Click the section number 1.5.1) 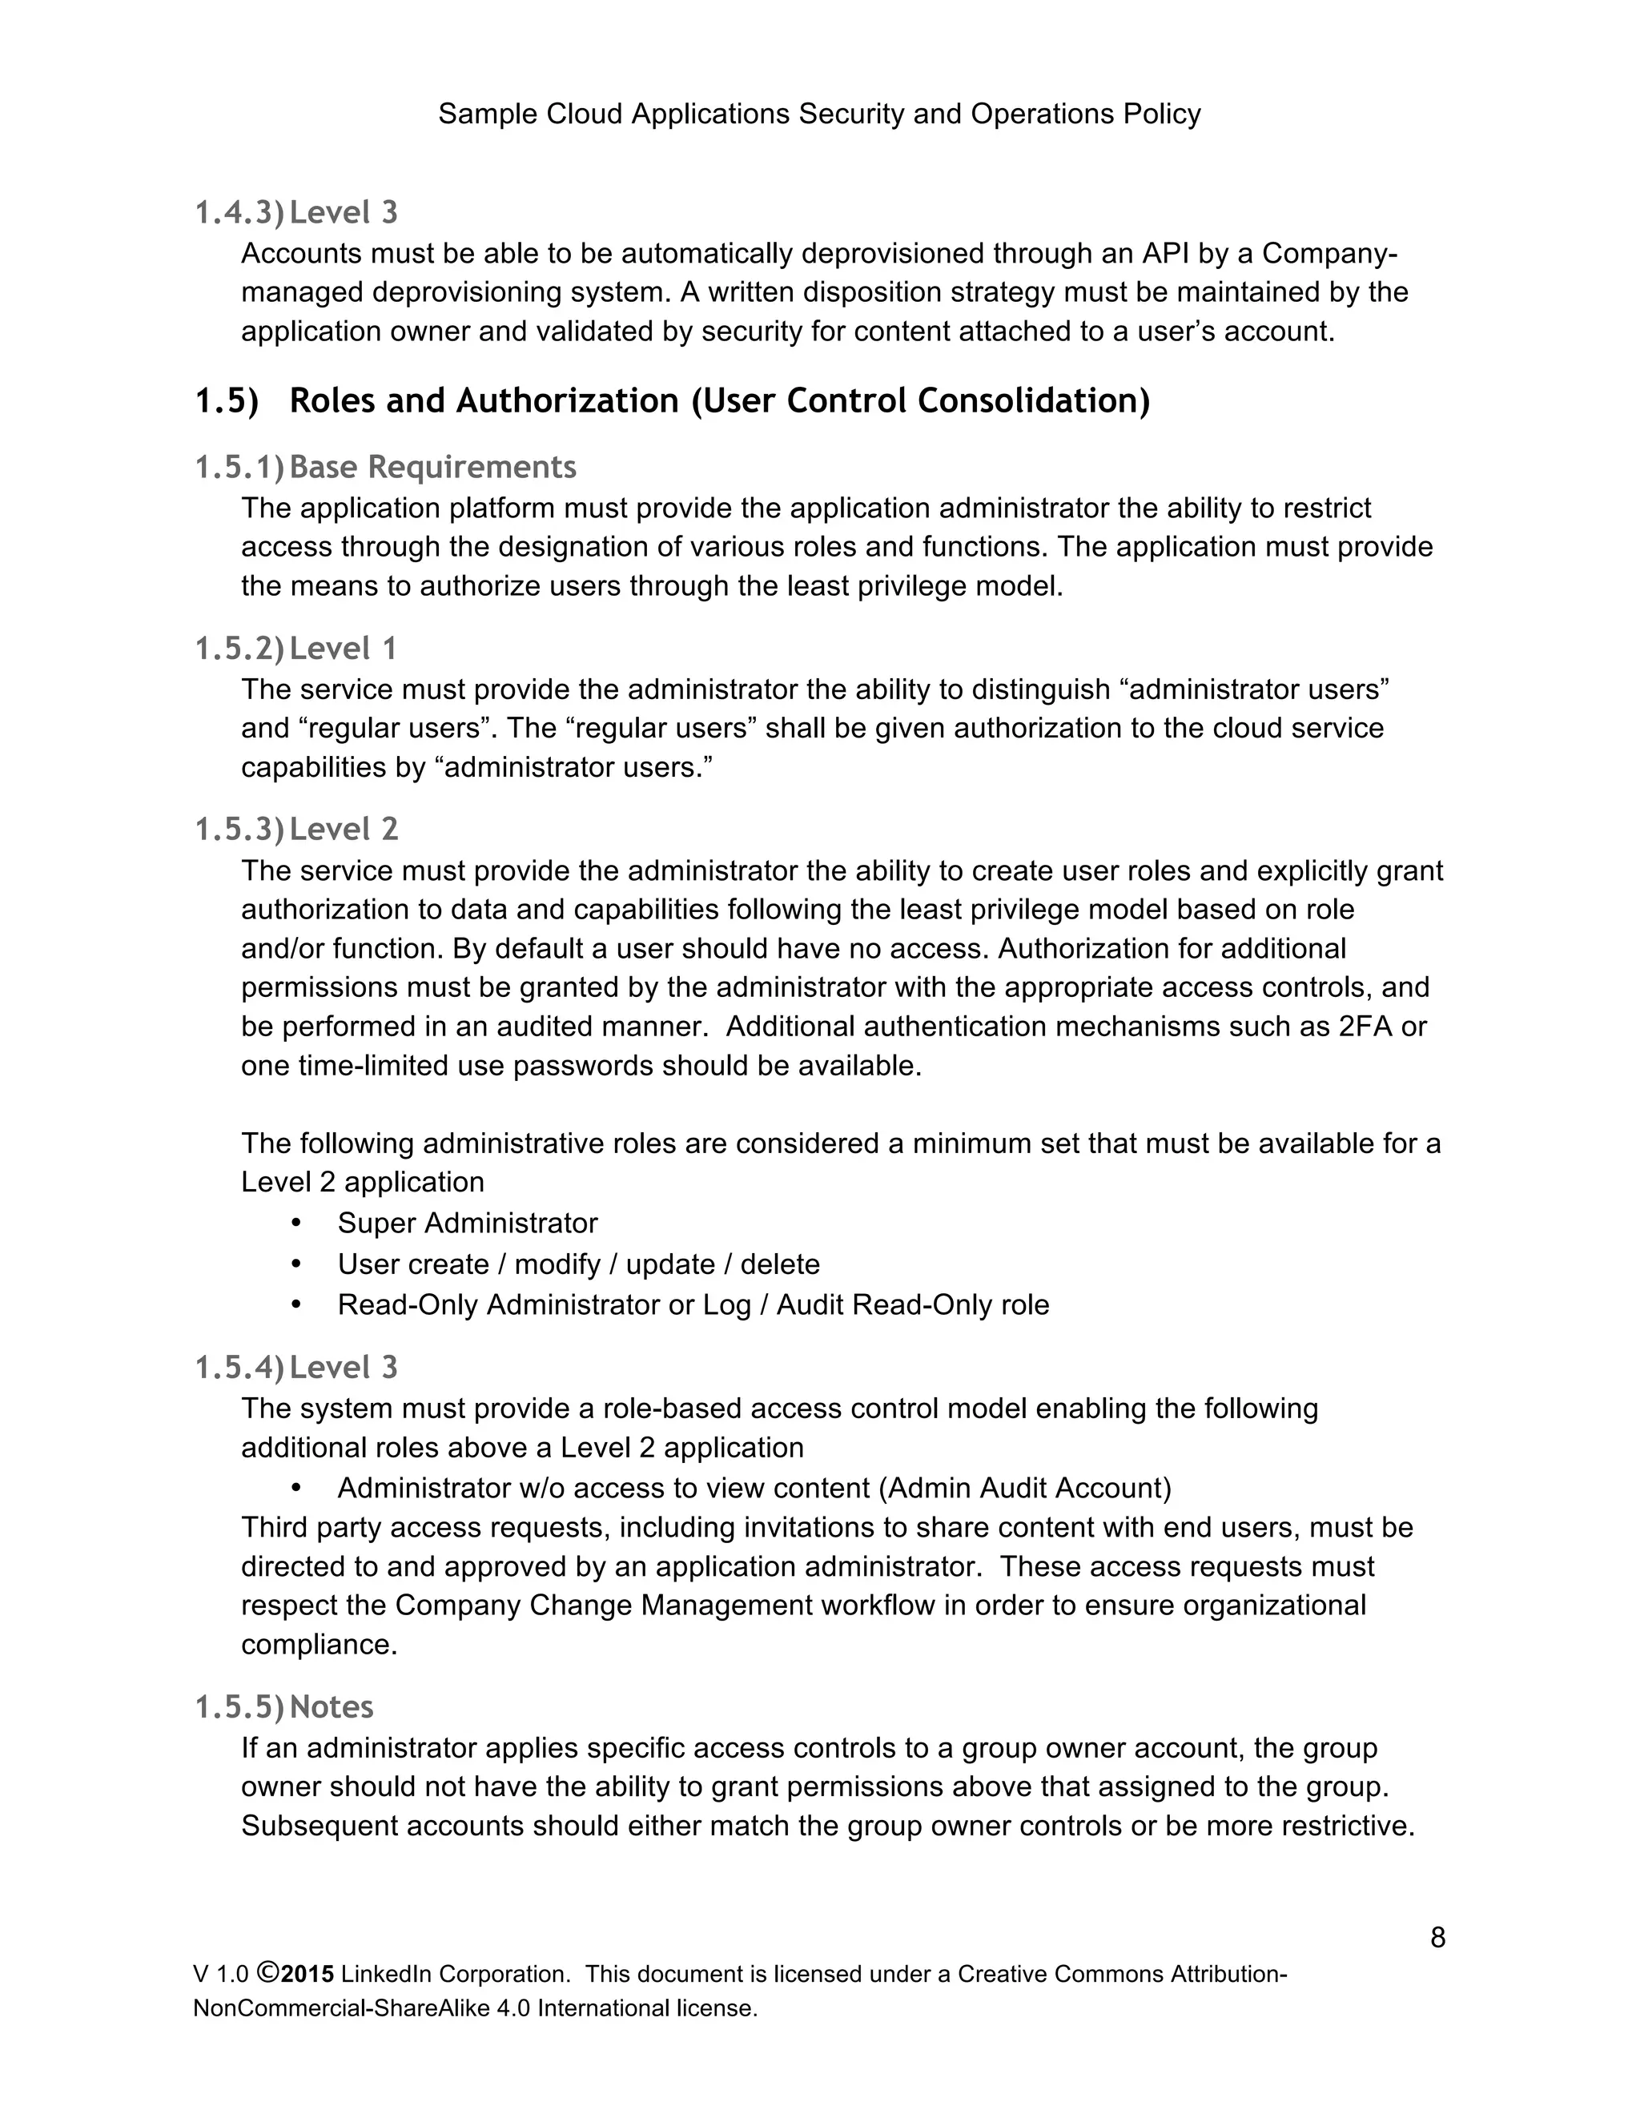(239, 468)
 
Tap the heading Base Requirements (432, 468)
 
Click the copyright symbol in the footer (268, 1973)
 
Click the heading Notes (332, 1707)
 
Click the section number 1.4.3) (239, 213)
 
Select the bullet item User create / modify (578, 1264)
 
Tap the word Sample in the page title (488, 115)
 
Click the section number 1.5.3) (239, 830)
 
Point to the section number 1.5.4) (239, 1368)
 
